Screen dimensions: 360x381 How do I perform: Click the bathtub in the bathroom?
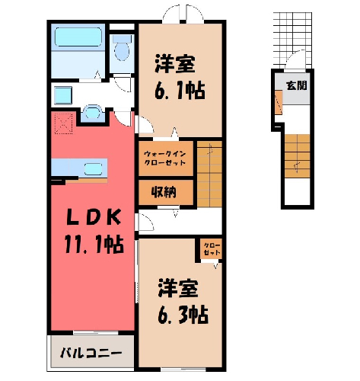click(78, 37)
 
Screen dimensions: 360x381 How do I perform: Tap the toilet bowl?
click(122, 50)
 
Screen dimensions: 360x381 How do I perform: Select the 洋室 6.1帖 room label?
click(180, 77)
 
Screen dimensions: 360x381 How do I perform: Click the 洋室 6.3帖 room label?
click(183, 301)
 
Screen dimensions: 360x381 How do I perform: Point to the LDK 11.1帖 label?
click(94, 231)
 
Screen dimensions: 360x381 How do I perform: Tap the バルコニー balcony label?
click(91, 353)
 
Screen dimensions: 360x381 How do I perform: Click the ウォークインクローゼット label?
click(165, 158)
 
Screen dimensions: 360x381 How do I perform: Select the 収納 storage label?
click(164, 192)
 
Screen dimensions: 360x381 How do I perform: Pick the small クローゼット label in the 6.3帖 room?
click(212, 249)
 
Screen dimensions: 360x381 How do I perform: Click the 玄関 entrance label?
click(297, 85)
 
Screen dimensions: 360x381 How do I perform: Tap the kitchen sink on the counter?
click(93, 168)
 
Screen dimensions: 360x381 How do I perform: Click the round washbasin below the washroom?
click(93, 113)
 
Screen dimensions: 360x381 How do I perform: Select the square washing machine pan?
click(63, 95)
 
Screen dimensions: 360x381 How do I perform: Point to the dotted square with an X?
click(64, 123)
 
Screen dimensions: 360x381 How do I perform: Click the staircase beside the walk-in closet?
click(209, 174)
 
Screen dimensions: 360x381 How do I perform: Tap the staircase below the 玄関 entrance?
click(297, 156)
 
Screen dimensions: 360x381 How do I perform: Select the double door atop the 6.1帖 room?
click(183, 14)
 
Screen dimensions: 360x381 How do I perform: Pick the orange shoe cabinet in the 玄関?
click(279, 102)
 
